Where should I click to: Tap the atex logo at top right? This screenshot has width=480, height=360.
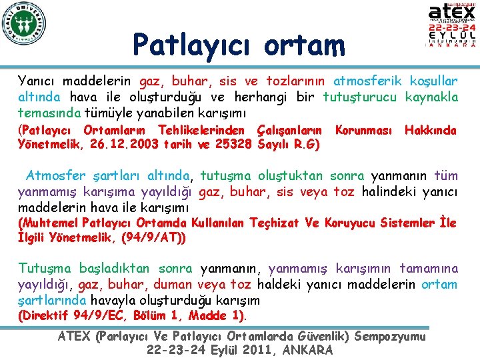click(x=452, y=25)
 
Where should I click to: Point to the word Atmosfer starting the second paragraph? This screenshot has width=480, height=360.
click(x=56, y=176)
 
